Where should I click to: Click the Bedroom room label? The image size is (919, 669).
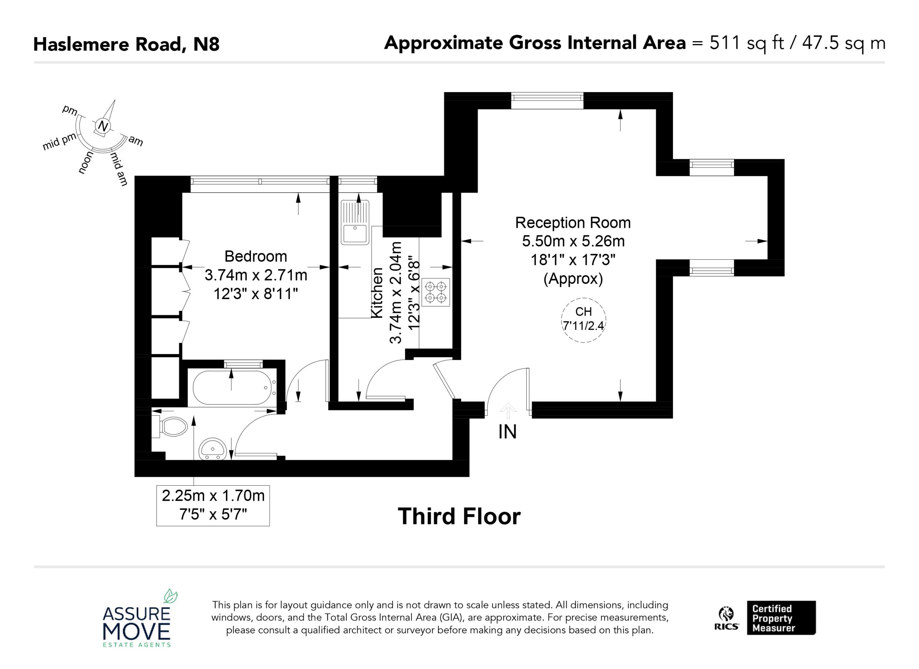pos(256,256)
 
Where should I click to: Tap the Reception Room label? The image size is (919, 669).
pos(573,223)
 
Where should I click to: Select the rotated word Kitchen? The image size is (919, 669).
pos(377,293)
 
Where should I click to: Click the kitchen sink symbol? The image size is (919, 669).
pos(355,222)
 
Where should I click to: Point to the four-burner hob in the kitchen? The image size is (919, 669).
pos(435,292)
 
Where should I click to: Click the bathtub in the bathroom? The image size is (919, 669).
pos(232,387)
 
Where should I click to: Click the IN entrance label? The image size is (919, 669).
pos(507,432)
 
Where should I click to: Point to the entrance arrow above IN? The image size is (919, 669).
pos(508,411)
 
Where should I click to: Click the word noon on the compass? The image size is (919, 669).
pos(85,163)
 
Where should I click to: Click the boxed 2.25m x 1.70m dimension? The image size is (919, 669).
pos(213,506)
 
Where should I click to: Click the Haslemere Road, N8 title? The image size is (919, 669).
pos(126,44)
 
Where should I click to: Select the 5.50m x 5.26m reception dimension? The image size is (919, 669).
pos(573,241)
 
